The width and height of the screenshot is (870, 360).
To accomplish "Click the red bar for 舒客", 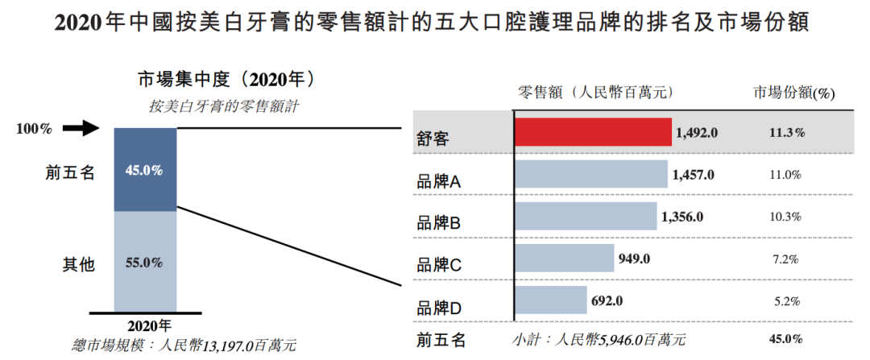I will point(593,132).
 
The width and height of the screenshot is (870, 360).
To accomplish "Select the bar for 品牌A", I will point(591,175).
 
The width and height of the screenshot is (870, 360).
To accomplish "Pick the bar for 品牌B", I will point(586,217).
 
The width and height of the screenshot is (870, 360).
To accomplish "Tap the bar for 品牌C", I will point(565,259).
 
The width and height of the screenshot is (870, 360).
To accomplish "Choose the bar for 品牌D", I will point(551,300).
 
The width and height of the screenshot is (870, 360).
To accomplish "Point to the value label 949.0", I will point(633,259).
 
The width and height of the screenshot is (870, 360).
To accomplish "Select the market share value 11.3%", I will point(785,132).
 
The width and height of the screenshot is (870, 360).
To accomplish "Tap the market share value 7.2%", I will point(785,259).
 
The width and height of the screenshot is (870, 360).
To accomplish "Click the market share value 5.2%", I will point(785,301).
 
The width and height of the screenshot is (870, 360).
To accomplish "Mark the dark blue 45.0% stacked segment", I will point(145,170).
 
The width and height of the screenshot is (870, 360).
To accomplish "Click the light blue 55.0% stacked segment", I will point(145,262).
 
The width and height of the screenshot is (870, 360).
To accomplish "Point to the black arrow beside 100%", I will point(80,128).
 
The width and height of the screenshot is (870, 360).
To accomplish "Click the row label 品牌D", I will point(439,308).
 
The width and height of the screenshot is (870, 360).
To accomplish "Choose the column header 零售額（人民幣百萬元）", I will point(597,92).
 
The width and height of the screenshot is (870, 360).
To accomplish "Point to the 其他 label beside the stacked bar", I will point(79,263).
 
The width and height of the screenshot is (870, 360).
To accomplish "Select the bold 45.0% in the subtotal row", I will point(785,339).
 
